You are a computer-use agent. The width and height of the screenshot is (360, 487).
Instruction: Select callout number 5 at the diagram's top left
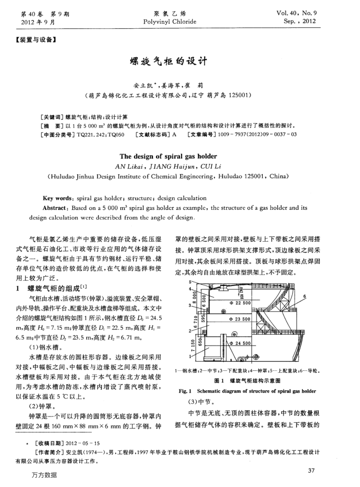(191, 282)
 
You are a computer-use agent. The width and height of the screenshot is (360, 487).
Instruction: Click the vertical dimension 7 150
(193, 344)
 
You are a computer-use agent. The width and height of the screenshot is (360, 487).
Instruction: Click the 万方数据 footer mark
(44, 476)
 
